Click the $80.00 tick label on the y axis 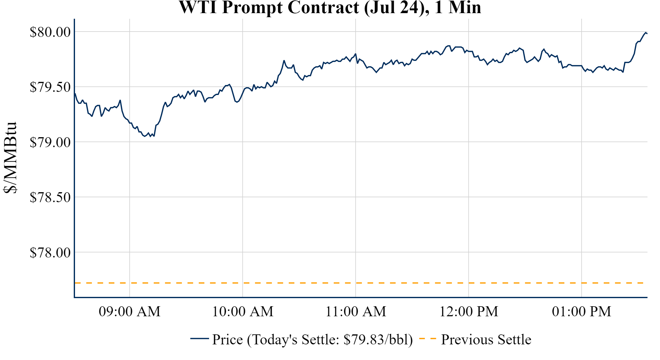click(50, 32)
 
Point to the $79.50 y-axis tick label click(50, 87)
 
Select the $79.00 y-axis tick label click(50, 142)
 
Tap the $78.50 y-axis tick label click(50, 197)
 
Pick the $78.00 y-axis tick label click(50, 252)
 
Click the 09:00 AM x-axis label click(130, 312)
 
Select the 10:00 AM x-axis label click(243, 312)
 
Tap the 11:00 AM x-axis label click(356, 312)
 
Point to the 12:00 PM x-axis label click(469, 312)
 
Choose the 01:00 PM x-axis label click(582, 312)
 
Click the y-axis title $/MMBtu click(10, 158)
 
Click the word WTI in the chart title click(198, 7)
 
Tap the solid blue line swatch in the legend click(199, 338)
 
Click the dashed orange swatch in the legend click(427, 338)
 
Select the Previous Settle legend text click(486, 340)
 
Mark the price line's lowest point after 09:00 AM click(145, 136)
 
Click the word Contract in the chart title click(323, 7)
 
